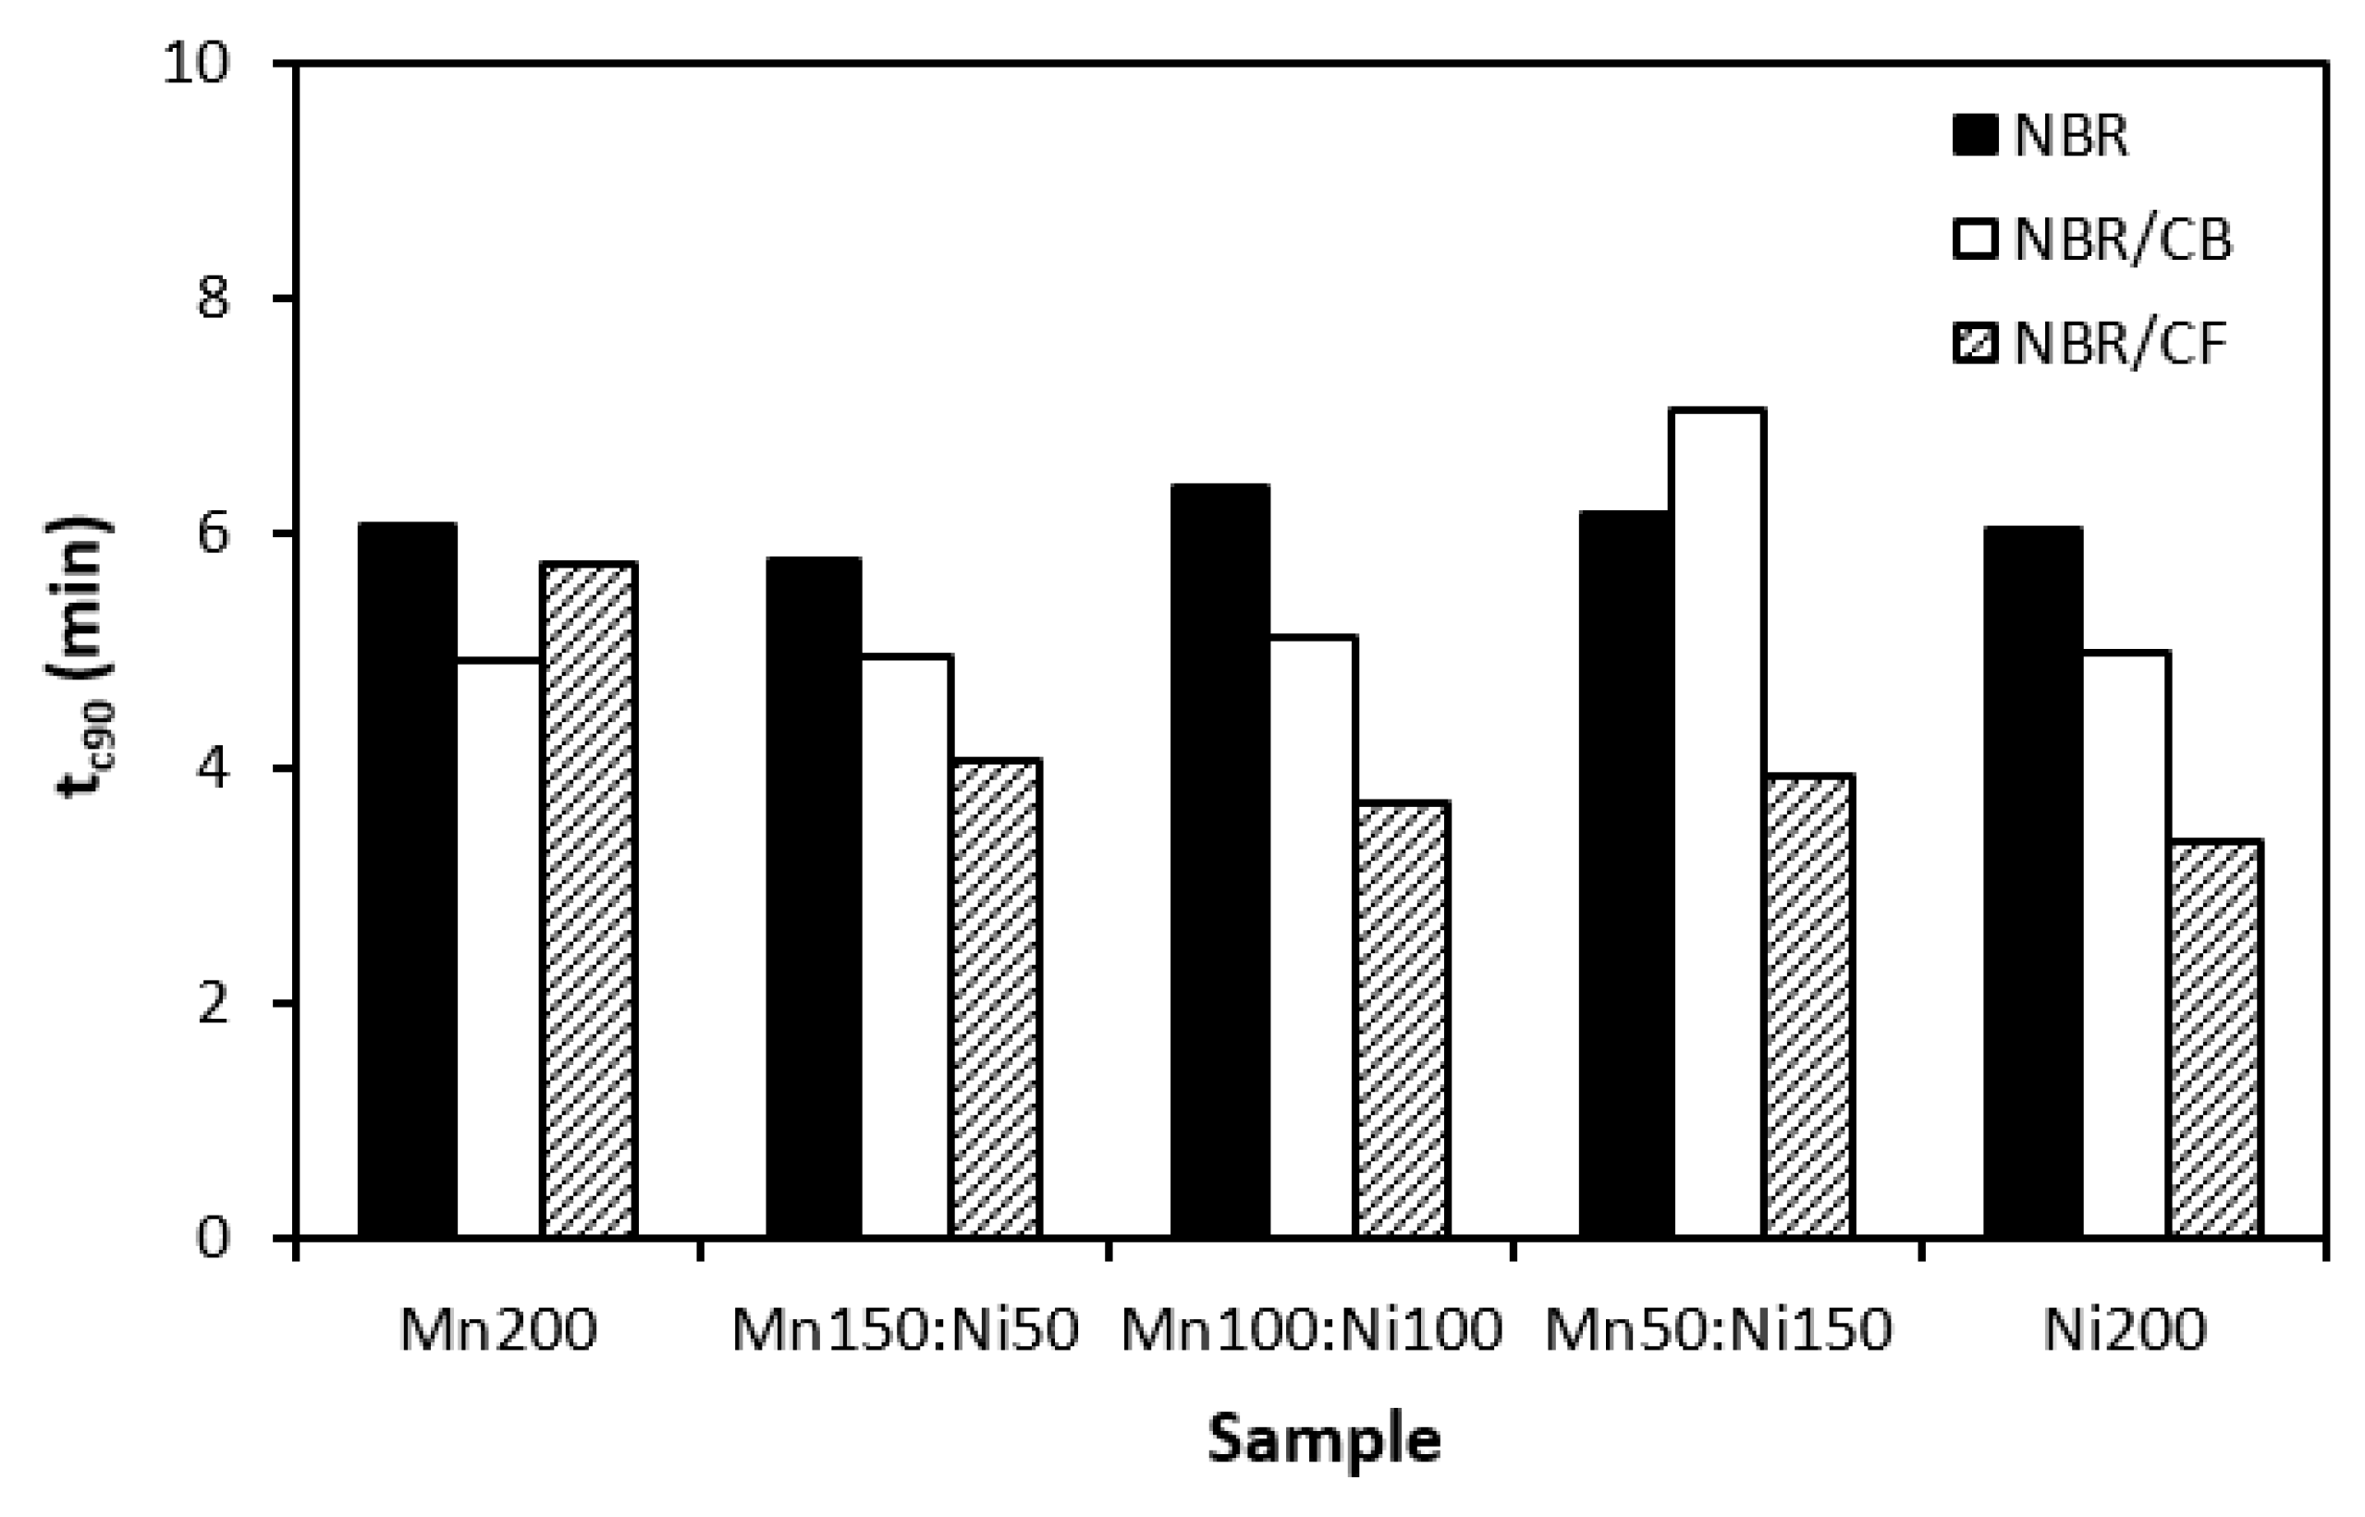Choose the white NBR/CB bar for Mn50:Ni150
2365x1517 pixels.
[x=1717, y=823]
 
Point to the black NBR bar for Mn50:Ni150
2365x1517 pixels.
[x=1625, y=874]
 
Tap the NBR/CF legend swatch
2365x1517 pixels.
[x=1974, y=345]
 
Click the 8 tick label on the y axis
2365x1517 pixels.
[x=213, y=298]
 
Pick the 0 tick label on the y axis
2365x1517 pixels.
[x=213, y=1238]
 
